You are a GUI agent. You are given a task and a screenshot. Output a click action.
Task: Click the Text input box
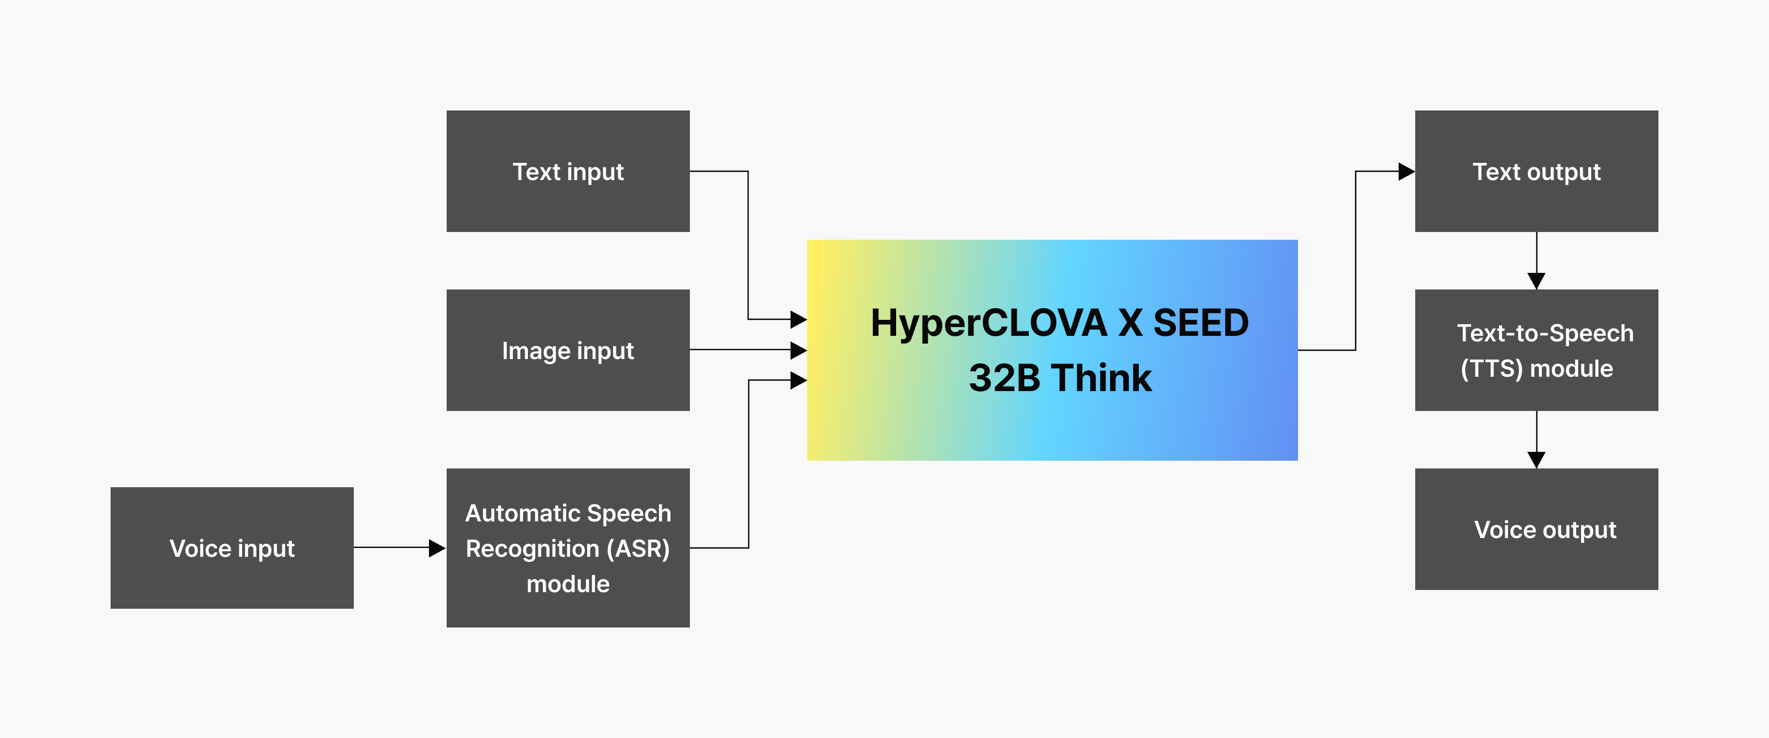[568, 171]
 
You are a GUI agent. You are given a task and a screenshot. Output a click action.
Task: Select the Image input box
[568, 350]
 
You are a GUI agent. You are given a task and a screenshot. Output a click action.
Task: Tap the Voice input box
[232, 548]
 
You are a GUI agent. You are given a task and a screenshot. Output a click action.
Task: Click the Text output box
[1536, 171]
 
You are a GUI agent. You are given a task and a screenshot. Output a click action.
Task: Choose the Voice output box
[1536, 529]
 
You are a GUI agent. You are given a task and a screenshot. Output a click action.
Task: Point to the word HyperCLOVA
[989, 323]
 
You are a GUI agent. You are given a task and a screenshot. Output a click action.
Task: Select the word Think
[1102, 378]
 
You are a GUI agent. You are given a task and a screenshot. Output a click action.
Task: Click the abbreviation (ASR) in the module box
[638, 549]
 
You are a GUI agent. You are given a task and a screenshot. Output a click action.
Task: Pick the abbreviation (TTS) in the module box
[1491, 368]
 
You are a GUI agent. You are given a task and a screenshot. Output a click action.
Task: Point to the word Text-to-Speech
[1545, 333]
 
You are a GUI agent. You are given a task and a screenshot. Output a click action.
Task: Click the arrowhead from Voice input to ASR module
[437, 548]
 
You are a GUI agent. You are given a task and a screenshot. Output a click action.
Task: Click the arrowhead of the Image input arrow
[798, 350]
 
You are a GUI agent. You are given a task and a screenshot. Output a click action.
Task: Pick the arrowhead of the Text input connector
[798, 319]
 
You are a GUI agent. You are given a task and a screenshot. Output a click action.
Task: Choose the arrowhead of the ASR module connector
[798, 381]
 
